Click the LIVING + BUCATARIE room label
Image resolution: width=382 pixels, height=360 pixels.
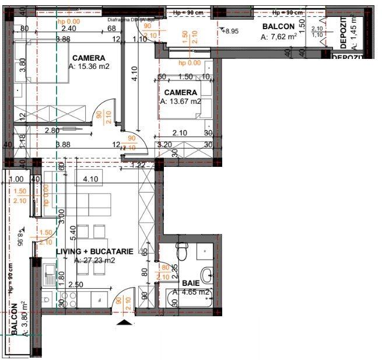tap(94, 251)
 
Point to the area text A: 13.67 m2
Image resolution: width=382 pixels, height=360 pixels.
tap(180, 102)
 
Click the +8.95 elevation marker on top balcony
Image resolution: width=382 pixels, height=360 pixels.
tap(231, 31)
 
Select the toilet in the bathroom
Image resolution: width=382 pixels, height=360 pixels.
tap(182, 253)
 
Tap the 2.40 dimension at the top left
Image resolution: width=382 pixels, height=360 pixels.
tap(68, 29)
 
